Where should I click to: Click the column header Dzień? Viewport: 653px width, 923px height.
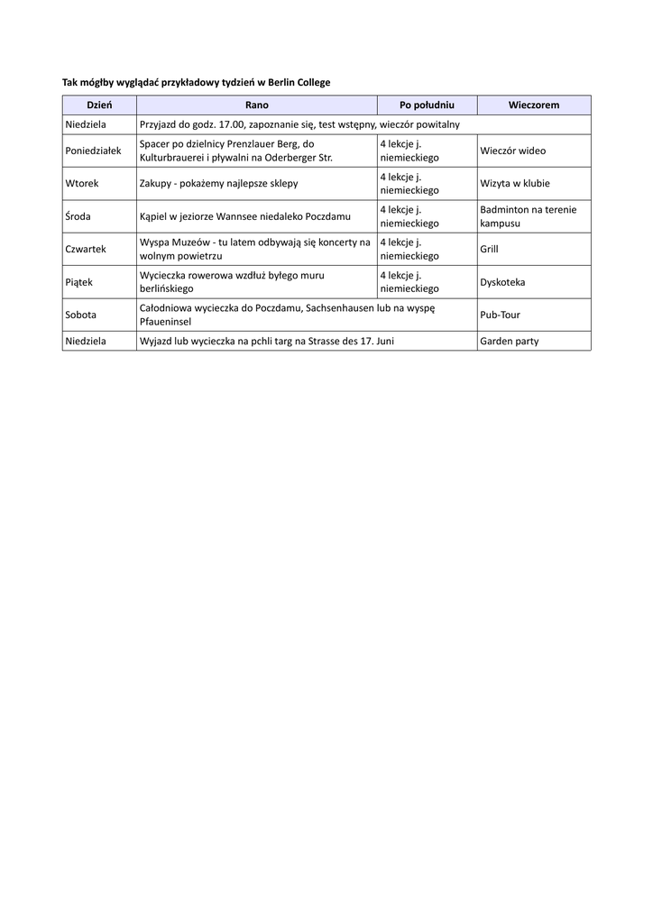[x=99, y=105]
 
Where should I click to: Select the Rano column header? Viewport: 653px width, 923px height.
[x=256, y=105]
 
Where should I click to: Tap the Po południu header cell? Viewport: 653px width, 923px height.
[x=427, y=105]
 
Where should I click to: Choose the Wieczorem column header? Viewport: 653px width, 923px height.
[x=533, y=105]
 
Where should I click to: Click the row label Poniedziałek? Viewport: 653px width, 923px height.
[x=93, y=151]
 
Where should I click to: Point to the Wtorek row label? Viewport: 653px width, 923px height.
[x=82, y=183]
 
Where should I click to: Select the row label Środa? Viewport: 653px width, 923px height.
[x=78, y=216]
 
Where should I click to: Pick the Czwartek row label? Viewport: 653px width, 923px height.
[x=86, y=249]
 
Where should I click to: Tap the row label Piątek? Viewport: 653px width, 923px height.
[x=79, y=282]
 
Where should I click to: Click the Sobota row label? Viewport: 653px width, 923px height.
[x=81, y=315]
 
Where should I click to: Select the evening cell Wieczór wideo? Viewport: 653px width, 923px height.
[x=512, y=151]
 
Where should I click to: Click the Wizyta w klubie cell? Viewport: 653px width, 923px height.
[x=514, y=183]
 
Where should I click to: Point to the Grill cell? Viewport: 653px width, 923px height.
[x=489, y=249]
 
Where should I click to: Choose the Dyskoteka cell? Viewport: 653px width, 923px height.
[x=502, y=282]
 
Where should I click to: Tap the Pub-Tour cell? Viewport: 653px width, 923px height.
[x=500, y=315]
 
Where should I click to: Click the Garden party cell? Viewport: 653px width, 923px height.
[x=509, y=342]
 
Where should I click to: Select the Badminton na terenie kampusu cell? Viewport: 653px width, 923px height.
[x=528, y=216]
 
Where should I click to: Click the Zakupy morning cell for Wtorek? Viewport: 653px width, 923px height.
[x=218, y=183]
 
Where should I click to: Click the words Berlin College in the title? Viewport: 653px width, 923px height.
[x=298, y=82]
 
